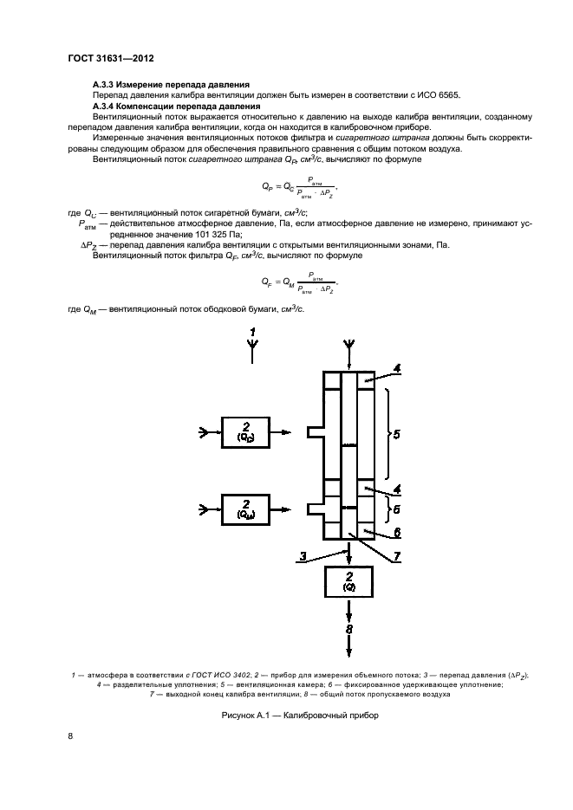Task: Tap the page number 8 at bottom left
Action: (70, 736)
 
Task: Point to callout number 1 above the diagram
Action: (252, 333)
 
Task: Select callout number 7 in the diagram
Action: (396, 556)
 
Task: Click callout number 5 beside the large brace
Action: (396, 434)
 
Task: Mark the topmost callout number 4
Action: (396, 369)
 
